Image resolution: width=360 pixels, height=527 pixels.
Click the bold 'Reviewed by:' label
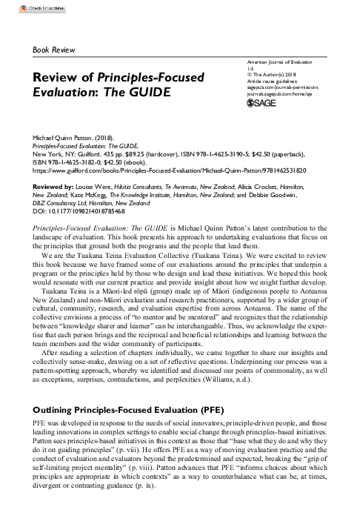[x=53, y=187]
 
